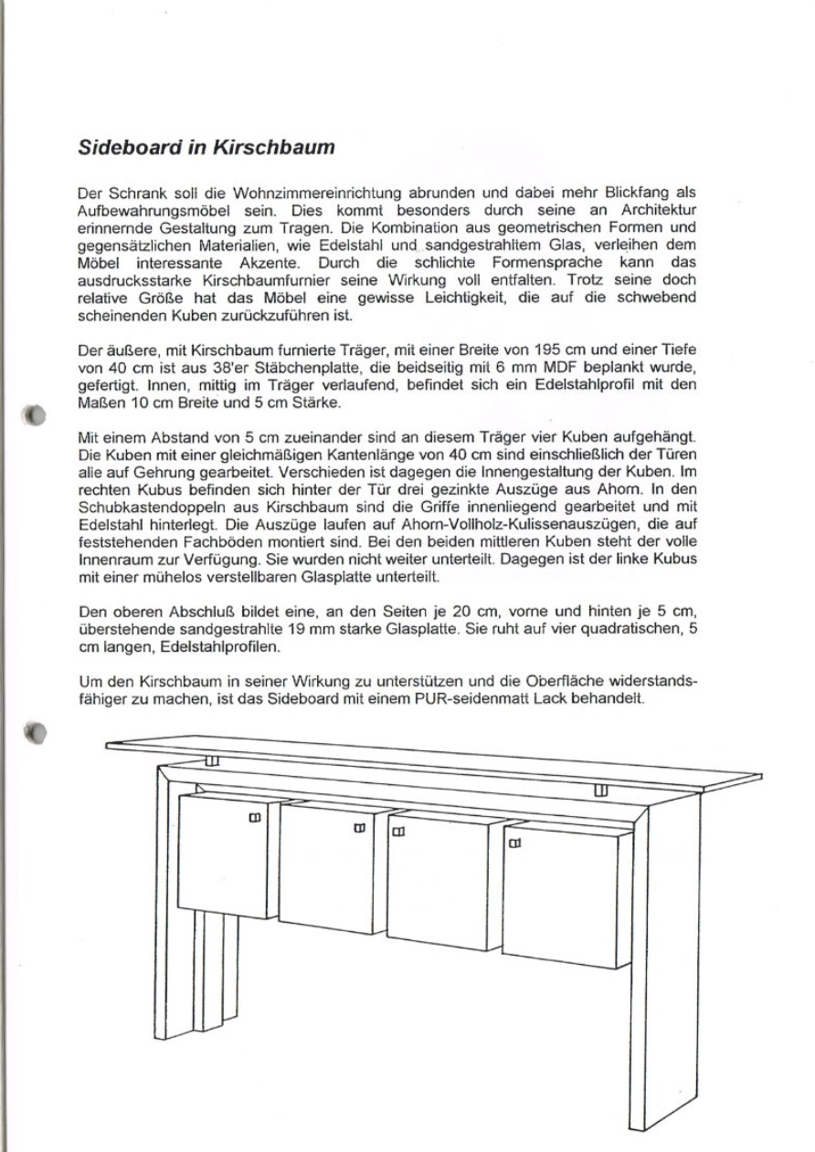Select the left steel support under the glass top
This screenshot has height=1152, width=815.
212,761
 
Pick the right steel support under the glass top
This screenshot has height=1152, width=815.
601,789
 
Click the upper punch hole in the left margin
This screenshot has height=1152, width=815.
36,414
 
